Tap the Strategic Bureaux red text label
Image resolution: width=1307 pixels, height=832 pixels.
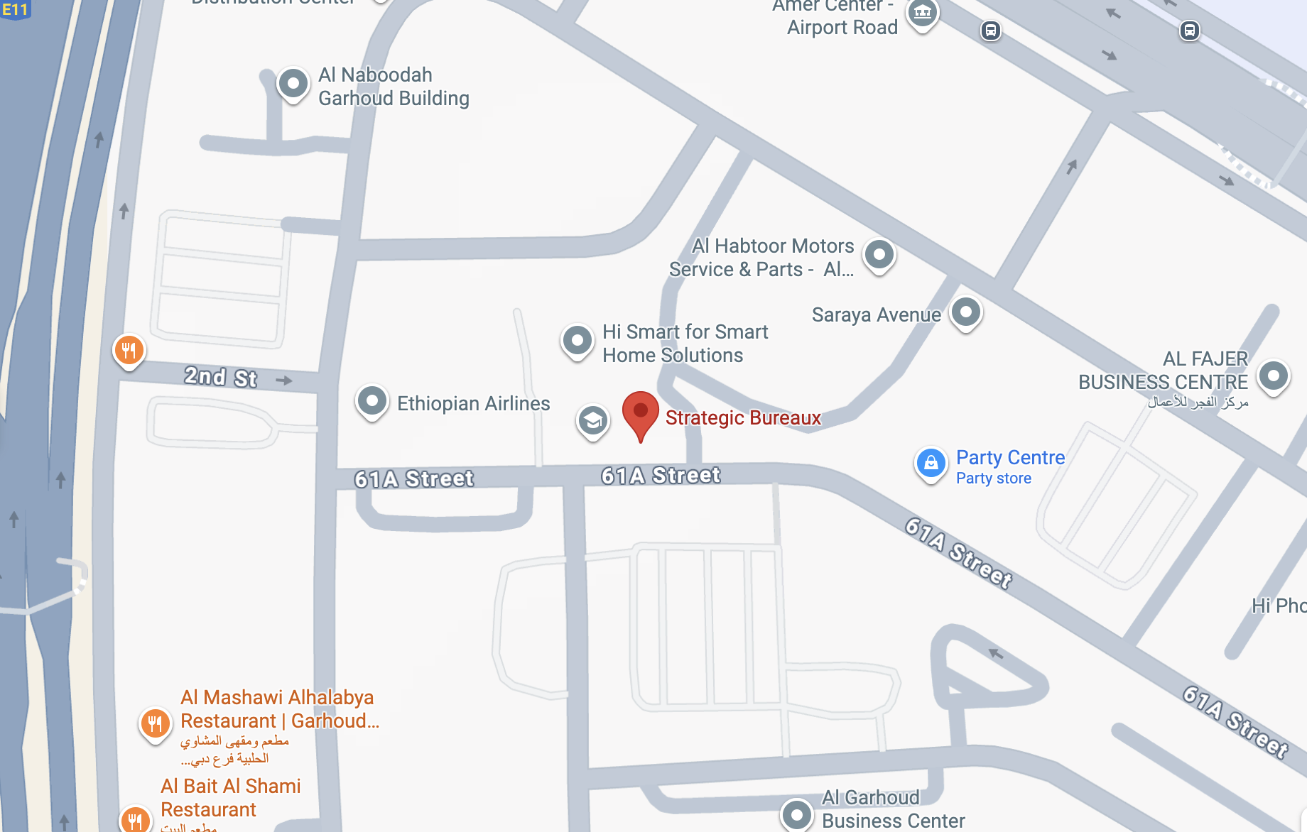coord(743,418)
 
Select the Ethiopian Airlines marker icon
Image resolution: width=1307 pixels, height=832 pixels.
coord(372,401)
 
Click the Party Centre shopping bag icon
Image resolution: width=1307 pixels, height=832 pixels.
coord(931,464)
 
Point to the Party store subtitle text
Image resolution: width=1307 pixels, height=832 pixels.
coord(993,478)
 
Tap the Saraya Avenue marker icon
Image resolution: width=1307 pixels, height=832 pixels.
coord(965,312)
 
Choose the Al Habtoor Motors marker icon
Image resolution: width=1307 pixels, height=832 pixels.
coord(879,254)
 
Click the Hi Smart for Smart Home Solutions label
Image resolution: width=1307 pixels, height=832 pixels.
coord(685,344)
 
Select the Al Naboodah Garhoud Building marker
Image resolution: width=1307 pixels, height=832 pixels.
coord(293,84)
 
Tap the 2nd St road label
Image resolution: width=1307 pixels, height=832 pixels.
coord(220,376)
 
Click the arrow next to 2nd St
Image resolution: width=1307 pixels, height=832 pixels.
coord(284,381)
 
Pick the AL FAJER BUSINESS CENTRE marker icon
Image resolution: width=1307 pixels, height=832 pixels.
coord(1273,375)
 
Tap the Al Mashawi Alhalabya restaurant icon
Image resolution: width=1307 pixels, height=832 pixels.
coord(155,723)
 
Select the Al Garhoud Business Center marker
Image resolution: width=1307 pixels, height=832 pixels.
coord(796,814)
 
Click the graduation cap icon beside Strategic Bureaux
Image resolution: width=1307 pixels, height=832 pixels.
coord(592,421)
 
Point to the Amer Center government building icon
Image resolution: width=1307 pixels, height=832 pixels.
coord(922,12)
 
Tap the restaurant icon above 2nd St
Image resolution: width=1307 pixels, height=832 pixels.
coord(129,350)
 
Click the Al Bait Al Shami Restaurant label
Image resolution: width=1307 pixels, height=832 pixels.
coord(230,798)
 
